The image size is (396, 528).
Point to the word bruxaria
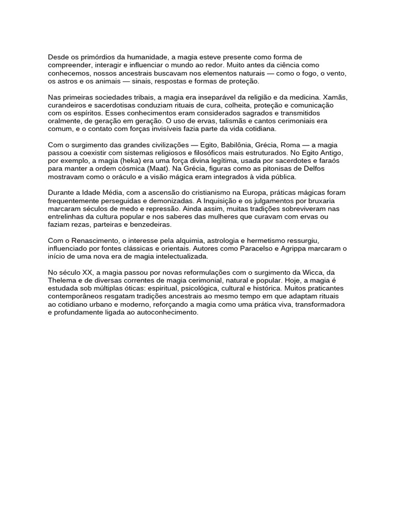click(332, 201)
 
